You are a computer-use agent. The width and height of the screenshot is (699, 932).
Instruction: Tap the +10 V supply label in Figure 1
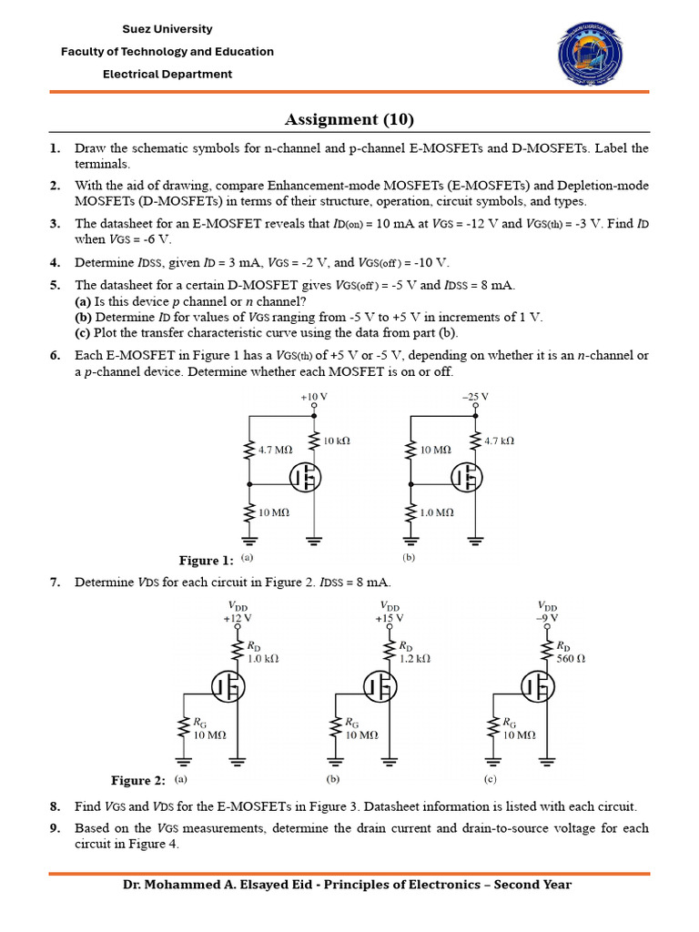pyautogui.click(x=313, y=398)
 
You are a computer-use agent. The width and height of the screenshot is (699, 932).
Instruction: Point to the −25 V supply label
pyautogui.click(x=474, y=398)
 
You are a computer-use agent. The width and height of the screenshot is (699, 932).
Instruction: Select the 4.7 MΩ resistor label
pyautogui.click(x=276, y=450)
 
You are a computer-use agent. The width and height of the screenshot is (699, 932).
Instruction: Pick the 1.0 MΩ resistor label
pyautogui.click(x=437, y=512)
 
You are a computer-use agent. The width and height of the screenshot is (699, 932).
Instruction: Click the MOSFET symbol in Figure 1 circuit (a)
pyautogui.click(x=307, y=475)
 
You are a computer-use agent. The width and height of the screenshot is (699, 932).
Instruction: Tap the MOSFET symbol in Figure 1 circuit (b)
pyautogui.click(x=468, y=475)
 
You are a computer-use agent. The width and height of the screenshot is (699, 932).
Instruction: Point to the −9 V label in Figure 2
pyautogui.click(x=547, y=618)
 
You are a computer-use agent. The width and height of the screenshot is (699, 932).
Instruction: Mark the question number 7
pyautogui.click(x=55, y=582)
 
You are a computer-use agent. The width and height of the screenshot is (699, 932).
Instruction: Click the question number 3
pyautogui.click(x=55, y=223)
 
